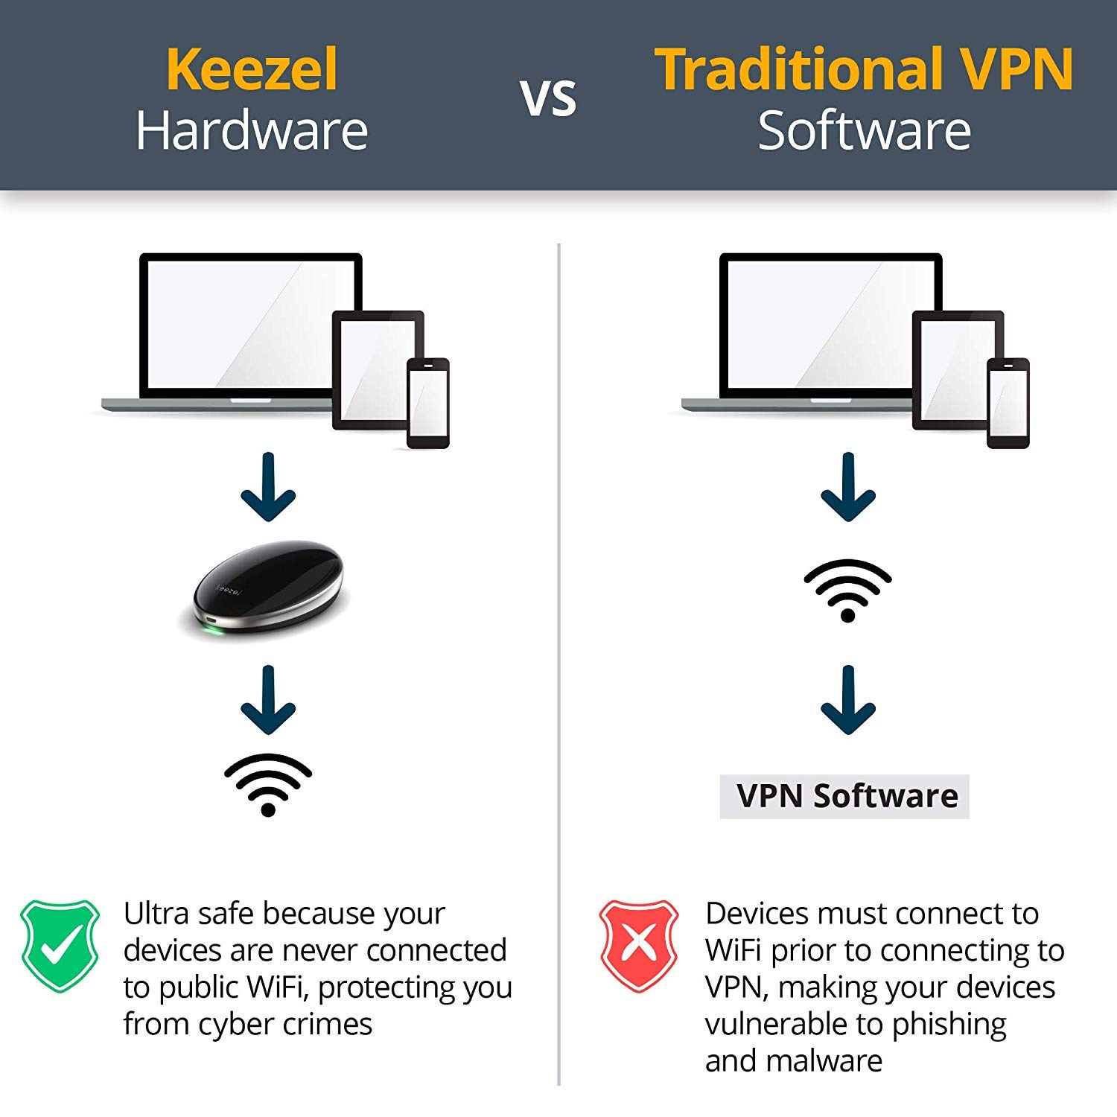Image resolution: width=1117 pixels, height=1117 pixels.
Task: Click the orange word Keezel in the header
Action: coord(252,69)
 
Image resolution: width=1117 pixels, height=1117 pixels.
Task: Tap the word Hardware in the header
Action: coord(252,131)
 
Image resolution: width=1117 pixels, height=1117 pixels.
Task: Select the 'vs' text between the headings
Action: coord(549,98)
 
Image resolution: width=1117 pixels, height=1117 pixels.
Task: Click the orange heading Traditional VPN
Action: coord(864,69)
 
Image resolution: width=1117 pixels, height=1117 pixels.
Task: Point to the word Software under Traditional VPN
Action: coord(864,131)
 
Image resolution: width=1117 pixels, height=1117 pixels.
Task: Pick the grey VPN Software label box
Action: coord(844,796)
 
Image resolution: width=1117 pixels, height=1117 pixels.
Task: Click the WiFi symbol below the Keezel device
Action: coord(268,784)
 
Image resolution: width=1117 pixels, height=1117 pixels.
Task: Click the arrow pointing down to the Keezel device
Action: coord(268,488)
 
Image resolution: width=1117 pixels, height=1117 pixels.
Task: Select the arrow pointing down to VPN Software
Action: coord(847,700)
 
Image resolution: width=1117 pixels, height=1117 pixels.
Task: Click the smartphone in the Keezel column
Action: coord(428,403)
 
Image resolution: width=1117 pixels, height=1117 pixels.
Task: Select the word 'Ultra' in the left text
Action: coord(154,913)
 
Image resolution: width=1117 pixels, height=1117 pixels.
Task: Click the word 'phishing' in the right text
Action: coord(949,1024)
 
